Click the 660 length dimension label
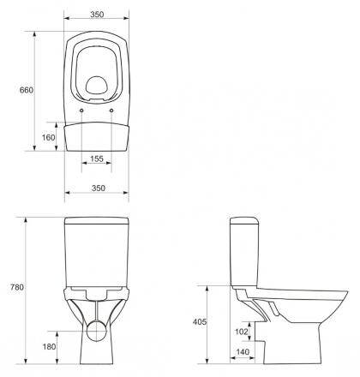(27, 90)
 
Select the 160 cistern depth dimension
(48, 137)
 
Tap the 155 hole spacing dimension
(97, 159)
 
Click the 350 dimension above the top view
(97, 15)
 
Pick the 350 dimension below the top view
(99, 188)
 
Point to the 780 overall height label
(17, 287)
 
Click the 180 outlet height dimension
(49, 347)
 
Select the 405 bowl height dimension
(200, 322)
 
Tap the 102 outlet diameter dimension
(242, 332)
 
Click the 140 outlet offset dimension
(243, 352)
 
